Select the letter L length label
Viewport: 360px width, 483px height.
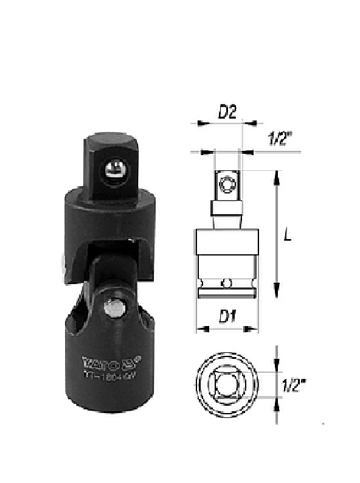[x=288, y=234]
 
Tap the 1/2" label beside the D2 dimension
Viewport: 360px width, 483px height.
[x=280, y=139]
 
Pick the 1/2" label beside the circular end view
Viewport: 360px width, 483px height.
[x=294, y=385]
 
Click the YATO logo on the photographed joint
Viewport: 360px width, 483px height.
[x=103, y=363]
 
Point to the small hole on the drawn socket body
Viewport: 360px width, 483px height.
[x=226, y=283]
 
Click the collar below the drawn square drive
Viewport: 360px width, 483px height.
[x=227, y=209]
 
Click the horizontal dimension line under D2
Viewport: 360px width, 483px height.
[x=223, y=123]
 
